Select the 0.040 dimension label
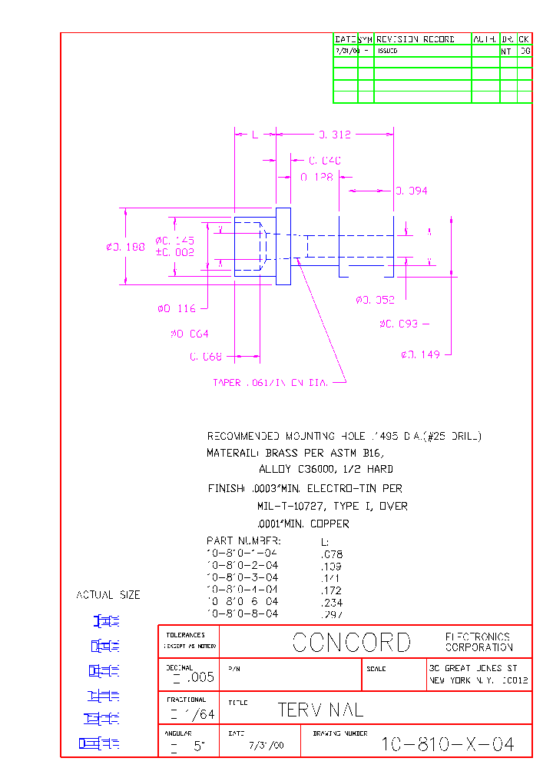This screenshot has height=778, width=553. pyautogui.click(x=325, y=161)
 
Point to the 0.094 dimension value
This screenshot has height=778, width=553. pyautogui.click(x=412, y=191)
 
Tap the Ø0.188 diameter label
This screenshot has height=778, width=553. pyautogui.click(x=125, y=247)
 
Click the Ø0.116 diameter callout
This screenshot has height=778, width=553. pyautogui.click(x=176, y=308)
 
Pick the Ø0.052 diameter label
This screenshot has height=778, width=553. pyautogui.click(x=375, y=300)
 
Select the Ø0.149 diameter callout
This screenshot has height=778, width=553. pyautogui.click(x=420, y=354)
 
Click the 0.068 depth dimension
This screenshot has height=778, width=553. pyautogui.click(x=205, y=357)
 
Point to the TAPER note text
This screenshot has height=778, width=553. pyautogui.click(x=270, y=382)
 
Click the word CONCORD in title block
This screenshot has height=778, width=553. pyautogui.click(x=352, y=643)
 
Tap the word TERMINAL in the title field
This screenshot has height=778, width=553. pyautogui.click(x=320, y=710)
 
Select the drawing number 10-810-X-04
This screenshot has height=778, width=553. pyautogui.click(x=448, y=744)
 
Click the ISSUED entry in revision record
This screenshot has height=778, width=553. pyautogui.click(x=387, y=51)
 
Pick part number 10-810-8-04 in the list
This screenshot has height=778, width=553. pyautogui.click(x=242, y=613)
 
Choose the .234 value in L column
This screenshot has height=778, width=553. pyautogui.click(x=331, y=602)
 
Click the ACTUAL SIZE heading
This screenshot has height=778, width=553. pyautogui.click(x=108, y=595)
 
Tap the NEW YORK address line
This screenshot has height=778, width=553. pyautogui.click(x=478, y=680)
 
